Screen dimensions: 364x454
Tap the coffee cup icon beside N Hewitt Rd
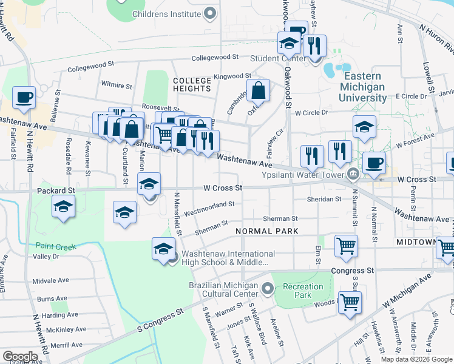click(24, 97)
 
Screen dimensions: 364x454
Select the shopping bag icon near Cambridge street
click(258, 90)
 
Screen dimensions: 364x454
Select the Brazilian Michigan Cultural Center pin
click(268, 286)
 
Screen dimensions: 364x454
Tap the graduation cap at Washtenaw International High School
click(163, 249)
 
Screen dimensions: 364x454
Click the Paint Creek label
click(55, 246)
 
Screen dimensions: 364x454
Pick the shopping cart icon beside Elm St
click(345, 246)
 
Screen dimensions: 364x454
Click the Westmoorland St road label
click(209, 209)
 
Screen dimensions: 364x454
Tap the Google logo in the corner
click(20, 356)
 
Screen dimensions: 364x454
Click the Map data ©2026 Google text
click(416, 359)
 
